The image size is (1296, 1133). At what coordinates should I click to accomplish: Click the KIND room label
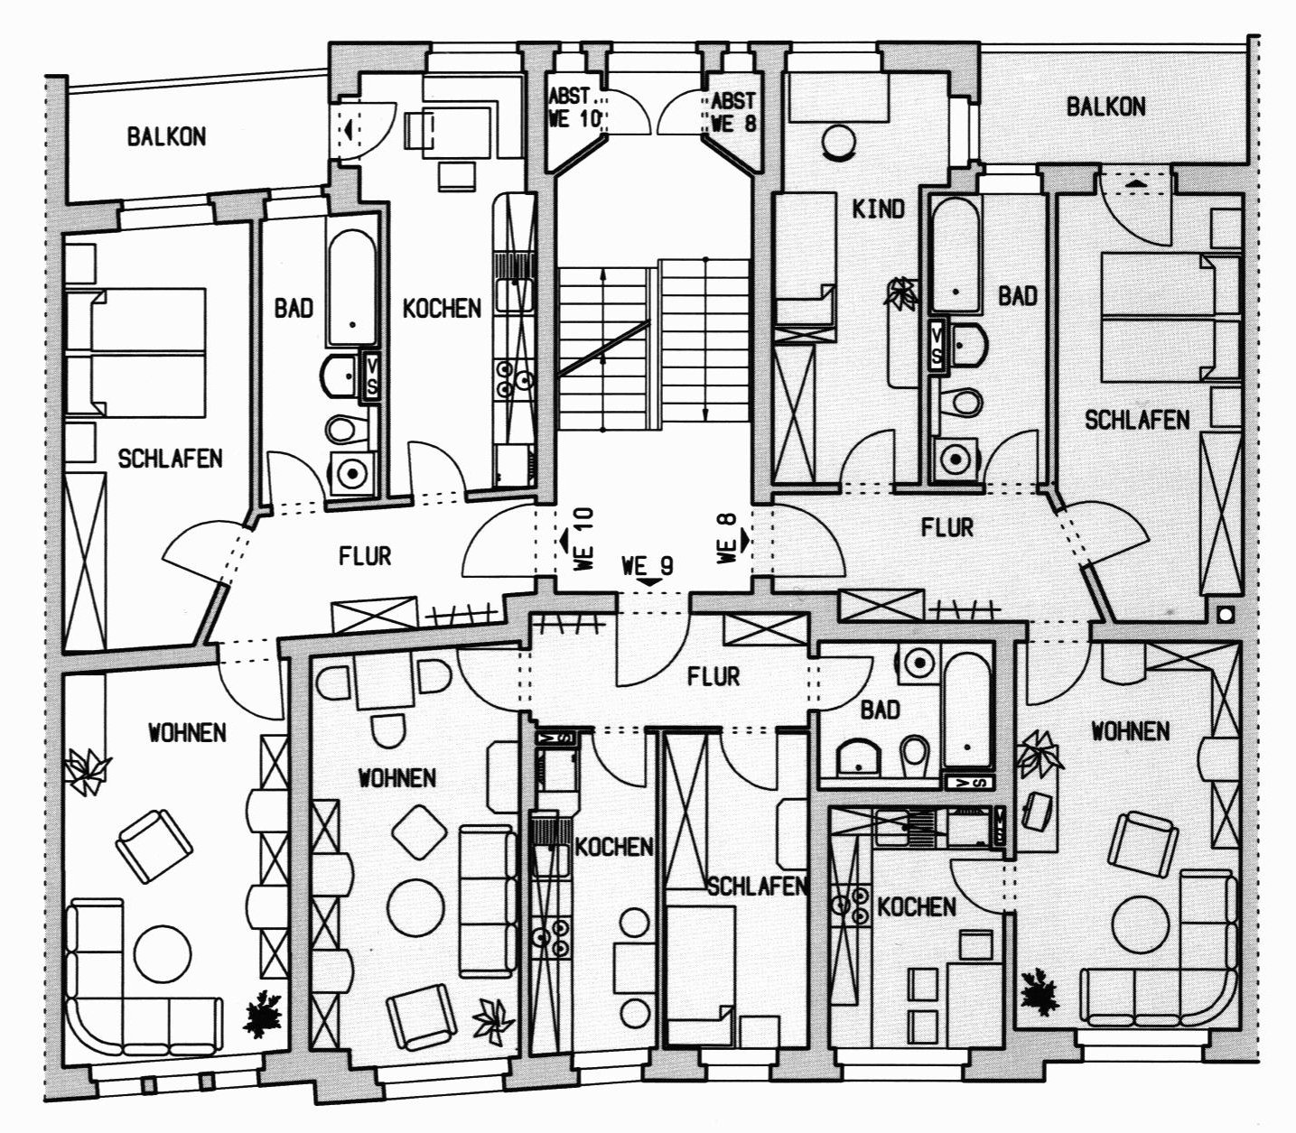tap(878, 209)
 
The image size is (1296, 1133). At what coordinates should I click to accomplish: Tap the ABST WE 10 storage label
tap(573, 107)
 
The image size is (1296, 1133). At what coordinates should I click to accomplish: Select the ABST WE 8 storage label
tap(732, 111)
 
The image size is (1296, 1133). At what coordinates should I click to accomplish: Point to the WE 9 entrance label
tap(648, 565)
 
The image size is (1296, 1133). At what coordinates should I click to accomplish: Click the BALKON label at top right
tap(1106, 107)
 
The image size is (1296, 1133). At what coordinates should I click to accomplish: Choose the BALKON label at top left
tap(166, 136)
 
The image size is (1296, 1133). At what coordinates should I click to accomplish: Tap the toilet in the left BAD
tap(340, 429)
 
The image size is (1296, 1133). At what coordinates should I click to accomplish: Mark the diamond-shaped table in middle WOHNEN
tap(420, 831)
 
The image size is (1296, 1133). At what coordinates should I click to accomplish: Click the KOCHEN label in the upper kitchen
tap(443, 309)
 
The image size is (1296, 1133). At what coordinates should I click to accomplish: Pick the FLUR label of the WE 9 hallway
tap(713, 676)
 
